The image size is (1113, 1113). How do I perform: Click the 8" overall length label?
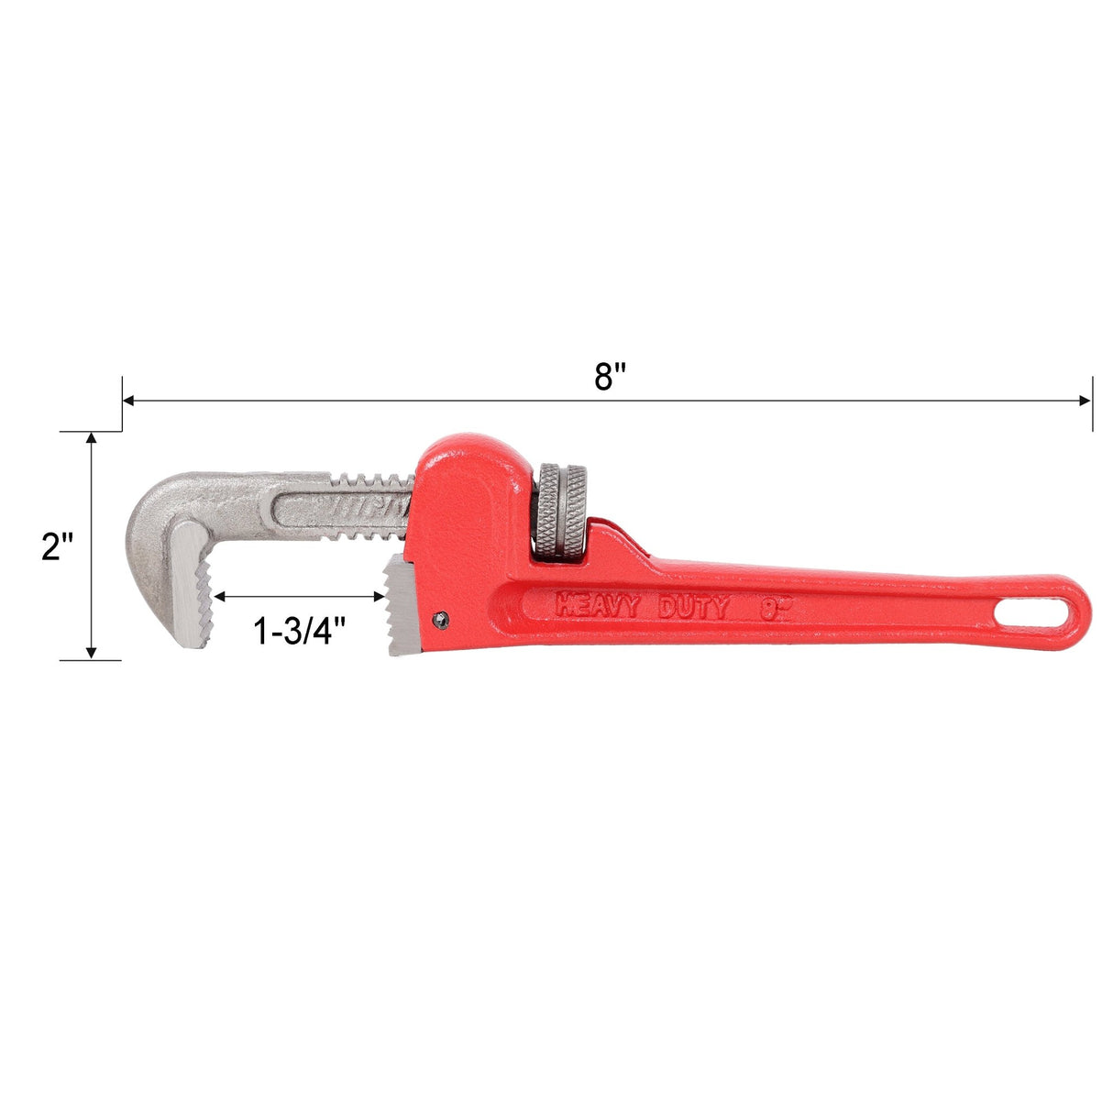coord(609,377)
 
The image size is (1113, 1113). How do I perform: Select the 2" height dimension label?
coord(58,546)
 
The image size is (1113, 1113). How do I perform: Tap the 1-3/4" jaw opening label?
coord(299,630)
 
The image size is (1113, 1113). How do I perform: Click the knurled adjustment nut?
coord(562,512)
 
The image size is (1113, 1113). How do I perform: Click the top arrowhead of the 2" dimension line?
coord(91,438)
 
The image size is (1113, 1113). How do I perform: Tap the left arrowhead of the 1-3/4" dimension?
coord(219,597)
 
